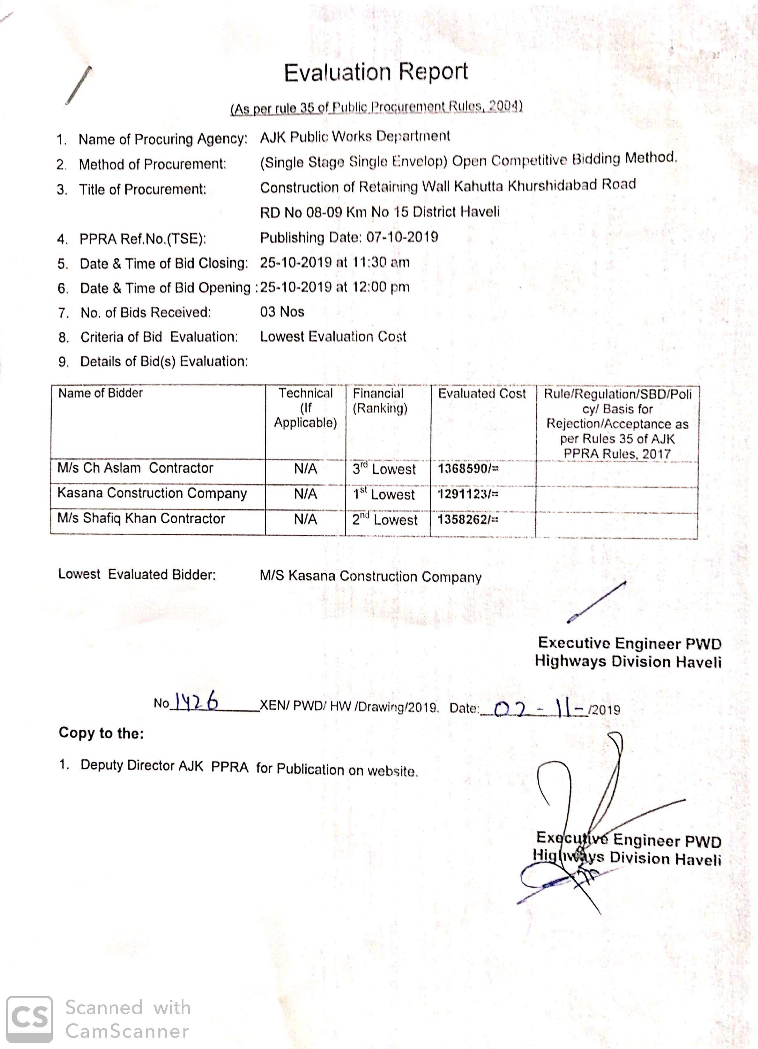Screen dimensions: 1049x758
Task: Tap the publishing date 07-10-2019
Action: (x=402, y=237)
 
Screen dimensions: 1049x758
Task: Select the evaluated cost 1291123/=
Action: (x=468, y=495)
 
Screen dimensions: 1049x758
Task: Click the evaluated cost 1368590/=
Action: (x=468, y=469)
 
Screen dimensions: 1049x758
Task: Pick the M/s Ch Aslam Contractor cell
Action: (x=135, y=468)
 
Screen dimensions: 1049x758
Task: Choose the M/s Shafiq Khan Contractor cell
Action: (x=141, y=518)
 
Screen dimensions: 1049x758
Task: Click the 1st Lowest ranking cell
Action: (x=383, y=494)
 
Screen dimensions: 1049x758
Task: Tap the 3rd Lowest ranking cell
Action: (x=383, y=469)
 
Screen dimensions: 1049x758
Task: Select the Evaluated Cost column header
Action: (x=482, y=394)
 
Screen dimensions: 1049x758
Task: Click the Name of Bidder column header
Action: (x=100, y=393)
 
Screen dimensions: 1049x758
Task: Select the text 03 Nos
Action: (x=282, y=312)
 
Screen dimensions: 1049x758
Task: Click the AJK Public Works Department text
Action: (x=355, y=137)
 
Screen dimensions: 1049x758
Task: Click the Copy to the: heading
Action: (x=101, y=733)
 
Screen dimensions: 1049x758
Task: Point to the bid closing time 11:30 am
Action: (x=381, y=262)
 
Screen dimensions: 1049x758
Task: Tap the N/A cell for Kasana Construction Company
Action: (x=305, y=494)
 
